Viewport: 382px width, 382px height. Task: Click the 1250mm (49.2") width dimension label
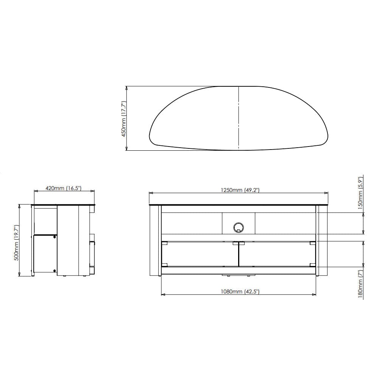tap(240, 190)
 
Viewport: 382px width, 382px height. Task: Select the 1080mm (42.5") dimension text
tap(240, 291)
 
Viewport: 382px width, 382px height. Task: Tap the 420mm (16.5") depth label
tap(64, 188)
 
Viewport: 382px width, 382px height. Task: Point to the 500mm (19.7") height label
tap(16, 241)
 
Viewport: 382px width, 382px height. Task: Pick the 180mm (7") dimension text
tap(360, 283)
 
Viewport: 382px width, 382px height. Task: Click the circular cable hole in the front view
tap(239, 227)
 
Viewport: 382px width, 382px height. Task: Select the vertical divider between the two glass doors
tap(239, 254)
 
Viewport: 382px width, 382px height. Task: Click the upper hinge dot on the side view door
tap(55, 237)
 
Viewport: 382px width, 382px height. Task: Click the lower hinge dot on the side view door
tap(55, 271)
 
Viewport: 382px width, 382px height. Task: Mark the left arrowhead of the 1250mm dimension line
tap(150, 193)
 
